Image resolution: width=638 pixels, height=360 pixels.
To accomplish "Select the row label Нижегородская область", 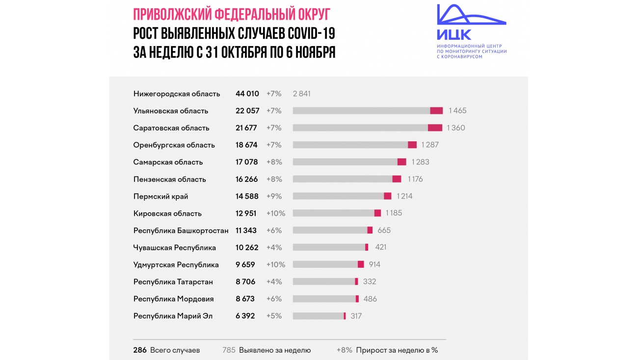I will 177,94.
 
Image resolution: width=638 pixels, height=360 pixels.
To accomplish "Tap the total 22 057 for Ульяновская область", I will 247,111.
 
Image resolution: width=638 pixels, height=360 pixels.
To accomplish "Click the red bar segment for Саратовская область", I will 435,128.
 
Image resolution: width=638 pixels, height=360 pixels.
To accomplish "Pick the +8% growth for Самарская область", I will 274,162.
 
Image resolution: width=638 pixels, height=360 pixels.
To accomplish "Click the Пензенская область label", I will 170,180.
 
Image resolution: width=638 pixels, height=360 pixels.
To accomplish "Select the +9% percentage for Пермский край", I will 274,197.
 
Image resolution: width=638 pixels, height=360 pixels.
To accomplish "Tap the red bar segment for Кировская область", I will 377,213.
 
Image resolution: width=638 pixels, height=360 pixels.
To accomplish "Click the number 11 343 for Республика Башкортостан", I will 246,231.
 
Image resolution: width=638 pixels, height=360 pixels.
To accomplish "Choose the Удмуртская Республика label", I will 176,265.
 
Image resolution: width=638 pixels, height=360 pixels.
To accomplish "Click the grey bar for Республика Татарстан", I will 324,282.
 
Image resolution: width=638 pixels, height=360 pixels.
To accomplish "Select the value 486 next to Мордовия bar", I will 370,299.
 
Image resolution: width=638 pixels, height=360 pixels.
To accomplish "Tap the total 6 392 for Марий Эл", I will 245,316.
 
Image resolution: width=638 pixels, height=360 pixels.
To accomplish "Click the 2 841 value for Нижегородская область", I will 301,94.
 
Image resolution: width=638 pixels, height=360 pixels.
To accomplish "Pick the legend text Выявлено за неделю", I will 275,351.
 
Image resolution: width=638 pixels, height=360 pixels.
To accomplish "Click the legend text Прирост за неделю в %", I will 397,351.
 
